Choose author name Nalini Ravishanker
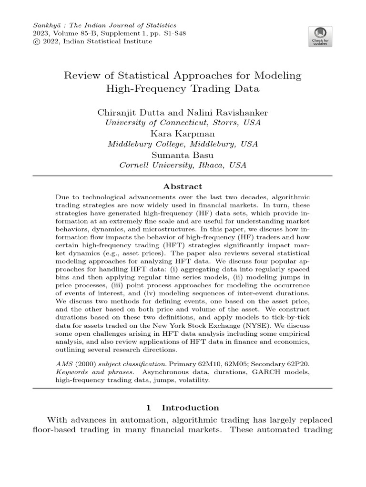[222, 113]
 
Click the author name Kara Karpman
[183, 134]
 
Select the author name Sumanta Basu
[183, 155]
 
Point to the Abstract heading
[183, 187]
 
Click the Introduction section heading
[190, 408]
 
